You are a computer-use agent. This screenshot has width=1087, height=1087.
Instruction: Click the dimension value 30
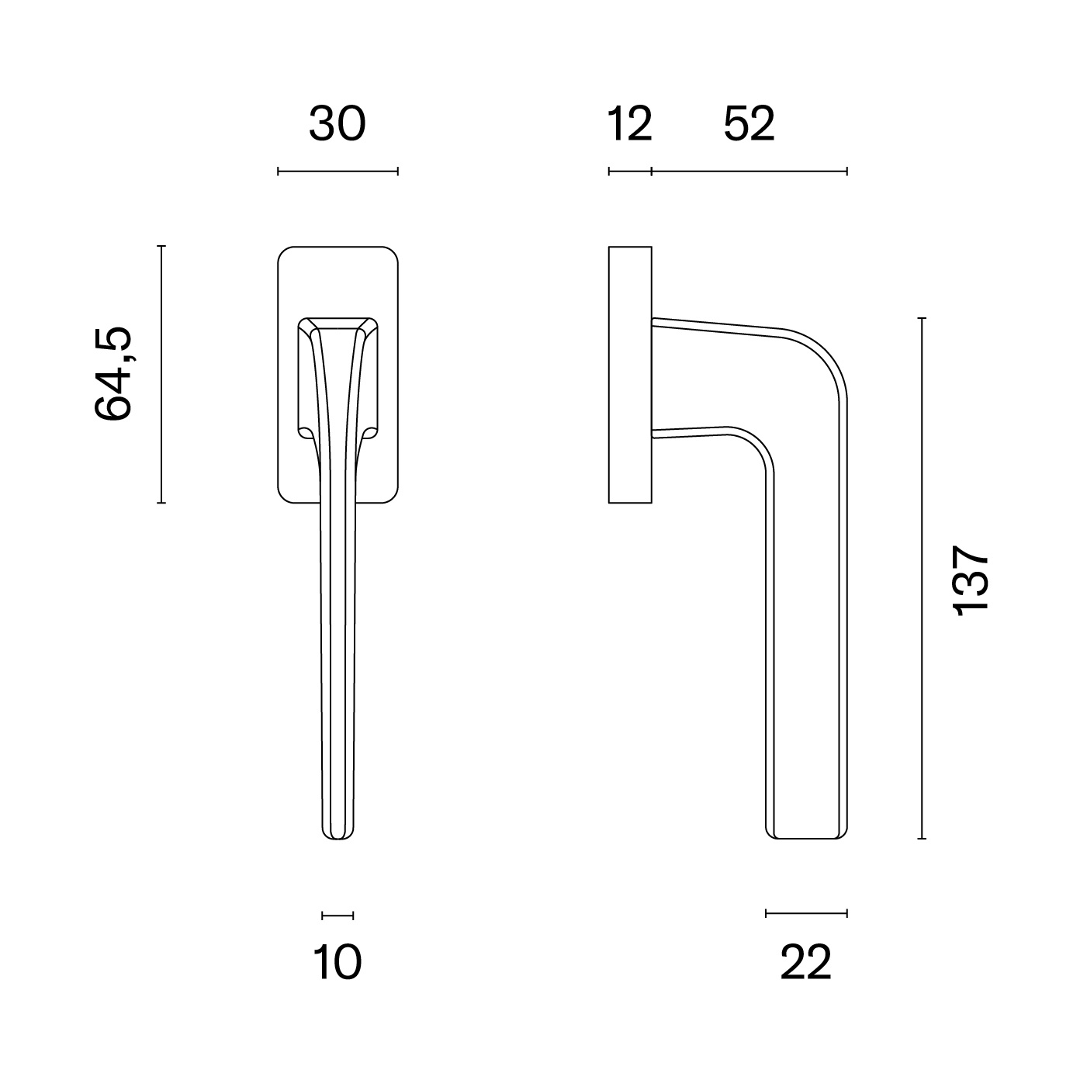pos(338,123)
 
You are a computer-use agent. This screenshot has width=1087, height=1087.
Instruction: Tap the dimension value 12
pos(629,123)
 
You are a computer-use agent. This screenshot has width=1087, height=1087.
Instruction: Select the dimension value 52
pos(749,123)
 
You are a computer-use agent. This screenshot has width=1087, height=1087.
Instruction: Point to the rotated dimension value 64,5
pos(113,373)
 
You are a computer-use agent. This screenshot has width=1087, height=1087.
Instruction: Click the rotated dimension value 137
pos(971,580)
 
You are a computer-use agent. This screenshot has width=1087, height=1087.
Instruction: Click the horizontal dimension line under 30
pos(338,171)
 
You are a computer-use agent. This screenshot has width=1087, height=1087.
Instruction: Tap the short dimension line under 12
pos(630,171)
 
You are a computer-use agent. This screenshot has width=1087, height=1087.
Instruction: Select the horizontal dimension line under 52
pos(749,171)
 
